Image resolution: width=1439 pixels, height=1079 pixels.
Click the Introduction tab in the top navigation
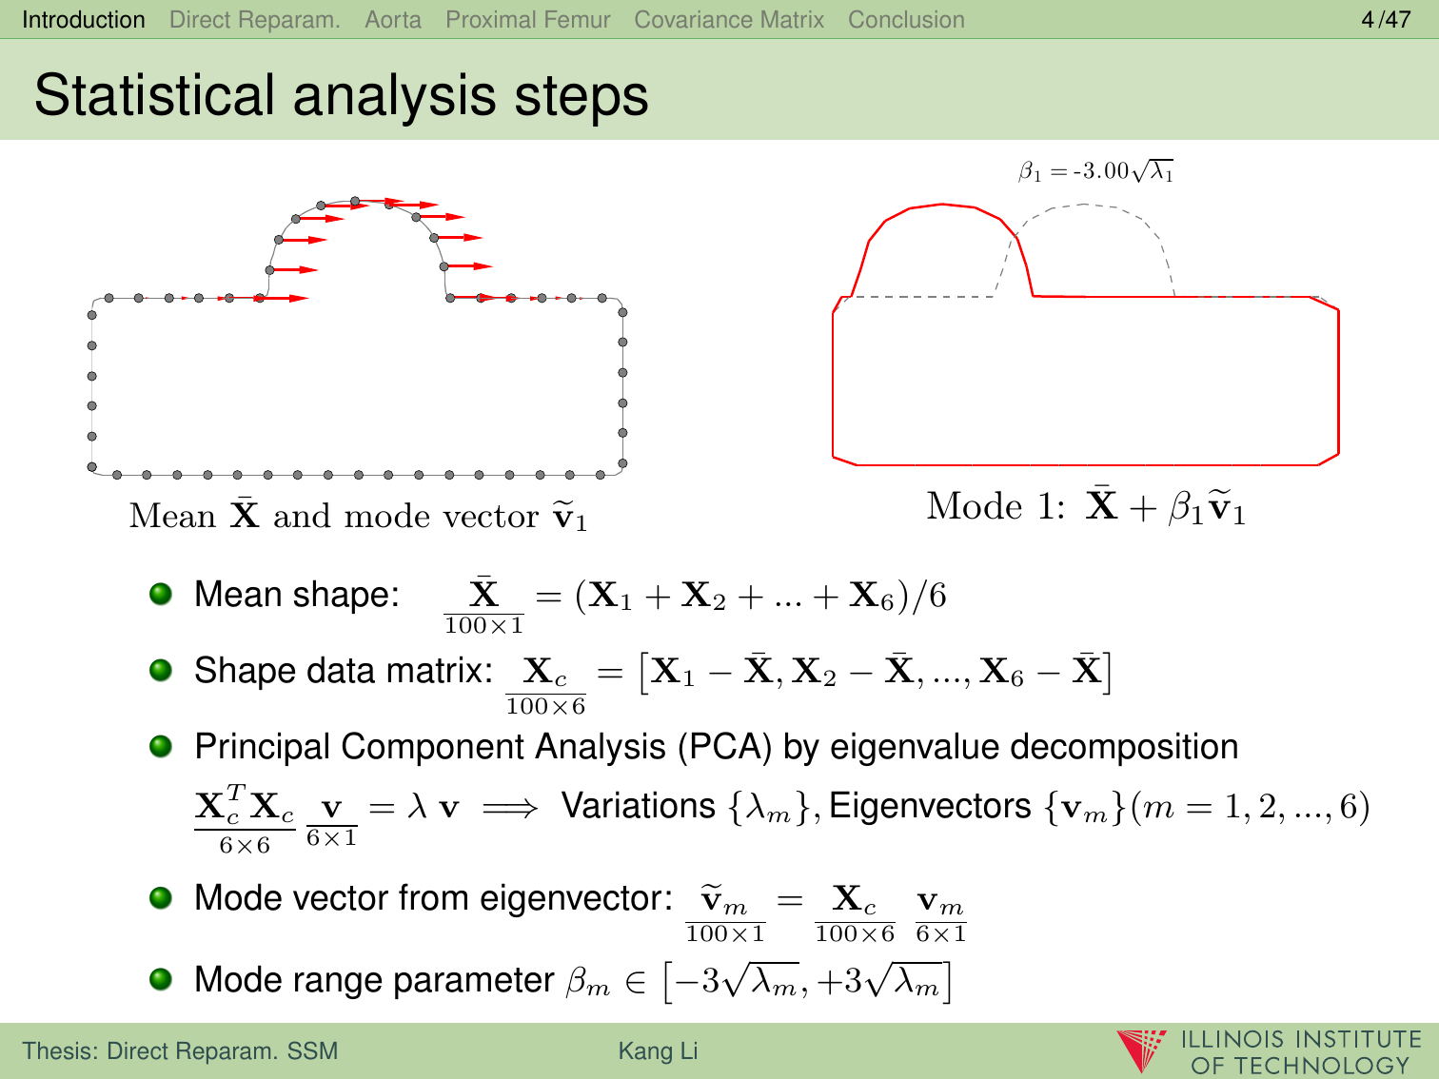tap(83, 20)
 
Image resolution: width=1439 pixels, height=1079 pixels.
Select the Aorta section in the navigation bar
tap(393, 20)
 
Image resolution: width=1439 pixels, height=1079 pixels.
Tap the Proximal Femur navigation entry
tap(528, 20)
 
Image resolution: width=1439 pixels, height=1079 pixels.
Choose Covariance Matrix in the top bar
tap(729, 20)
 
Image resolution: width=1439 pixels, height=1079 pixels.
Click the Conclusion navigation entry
tap(906, 20)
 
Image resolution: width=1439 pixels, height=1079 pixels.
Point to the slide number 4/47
tap(1386, 20)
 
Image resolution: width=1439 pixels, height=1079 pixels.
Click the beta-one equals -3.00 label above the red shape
tap(1095, 171)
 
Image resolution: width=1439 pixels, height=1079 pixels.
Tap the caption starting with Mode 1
tap(1086, 507)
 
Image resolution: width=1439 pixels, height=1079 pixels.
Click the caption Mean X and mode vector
tap(358, 516)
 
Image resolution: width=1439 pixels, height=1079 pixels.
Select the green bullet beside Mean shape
tap(161, 594)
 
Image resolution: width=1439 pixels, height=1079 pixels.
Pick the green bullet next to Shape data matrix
tap(161, 670)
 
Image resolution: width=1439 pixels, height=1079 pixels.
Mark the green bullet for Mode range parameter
tap(161, 979)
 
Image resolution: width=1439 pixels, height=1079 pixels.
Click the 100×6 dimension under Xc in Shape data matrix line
tap(545, 706)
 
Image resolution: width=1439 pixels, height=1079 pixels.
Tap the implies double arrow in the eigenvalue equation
tap(509, 809)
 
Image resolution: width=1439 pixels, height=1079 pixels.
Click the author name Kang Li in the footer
tap(658, 1050)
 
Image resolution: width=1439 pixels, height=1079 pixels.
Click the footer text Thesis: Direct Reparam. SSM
tap(180, 1050)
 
